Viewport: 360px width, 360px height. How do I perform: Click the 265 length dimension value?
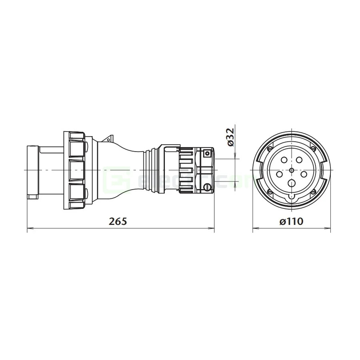click(x=118, y=221)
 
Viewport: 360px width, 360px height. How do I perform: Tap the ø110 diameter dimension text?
click(x=291, y=221)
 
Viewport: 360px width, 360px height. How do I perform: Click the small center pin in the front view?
click(x=292, y=171)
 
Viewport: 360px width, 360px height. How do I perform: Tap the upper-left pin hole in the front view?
click(x=284, y=160)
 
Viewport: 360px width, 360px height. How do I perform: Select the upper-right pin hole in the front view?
click(x=299, y=160)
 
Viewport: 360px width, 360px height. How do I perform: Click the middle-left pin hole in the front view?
click(x=279, y=174)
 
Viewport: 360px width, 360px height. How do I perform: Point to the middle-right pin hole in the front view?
click(x=304, y=174)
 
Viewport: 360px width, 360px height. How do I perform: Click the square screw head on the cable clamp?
click(x=207, y=153)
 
